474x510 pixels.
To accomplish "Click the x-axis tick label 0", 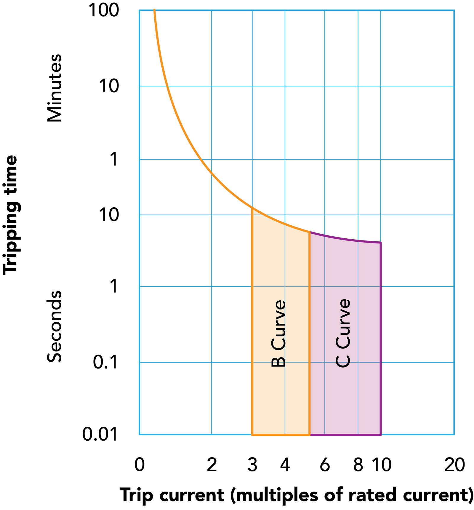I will (x=139, y=465).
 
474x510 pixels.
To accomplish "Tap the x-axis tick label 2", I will (x=212, y=465).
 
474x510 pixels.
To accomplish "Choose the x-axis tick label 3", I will (x=252, y=465).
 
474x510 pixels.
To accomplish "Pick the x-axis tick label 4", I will (x=285, y=465).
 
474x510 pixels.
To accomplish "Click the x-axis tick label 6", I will (x=325, y=465).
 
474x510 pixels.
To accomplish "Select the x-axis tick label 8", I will (x=358, y=465).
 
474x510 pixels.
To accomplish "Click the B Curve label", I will (x=278, y=334).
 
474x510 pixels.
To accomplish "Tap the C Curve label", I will (x=343, y=334).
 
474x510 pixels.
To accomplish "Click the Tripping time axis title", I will (x=10, y=215).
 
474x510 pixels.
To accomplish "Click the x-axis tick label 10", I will (x=381, y=465).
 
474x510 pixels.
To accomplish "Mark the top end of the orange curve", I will (x=154, y=10).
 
